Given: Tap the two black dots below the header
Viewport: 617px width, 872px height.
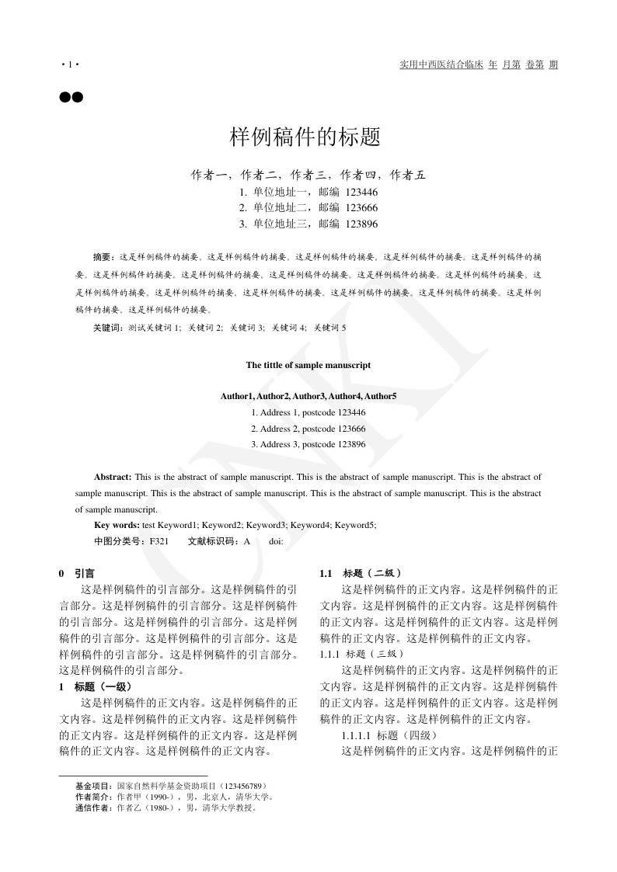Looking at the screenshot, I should (x=71, y=98).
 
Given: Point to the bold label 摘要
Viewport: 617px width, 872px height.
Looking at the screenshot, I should (x=103, y=255).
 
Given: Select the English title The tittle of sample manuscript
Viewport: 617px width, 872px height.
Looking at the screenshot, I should (x=308, y=365).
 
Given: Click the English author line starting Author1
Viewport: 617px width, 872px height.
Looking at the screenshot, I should (x=308, y=397).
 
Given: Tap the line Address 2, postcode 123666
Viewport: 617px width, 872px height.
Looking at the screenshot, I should (x=308, y=429).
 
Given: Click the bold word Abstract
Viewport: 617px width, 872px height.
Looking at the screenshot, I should (x=113, y=477).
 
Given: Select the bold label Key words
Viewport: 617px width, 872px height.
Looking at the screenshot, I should (x=117, y=526).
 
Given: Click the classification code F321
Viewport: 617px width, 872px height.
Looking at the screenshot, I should (x=159, y=541).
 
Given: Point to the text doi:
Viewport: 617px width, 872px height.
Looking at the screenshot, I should (x=276, y=541).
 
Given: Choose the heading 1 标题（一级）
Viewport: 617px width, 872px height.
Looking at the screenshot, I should (x=96, y=687).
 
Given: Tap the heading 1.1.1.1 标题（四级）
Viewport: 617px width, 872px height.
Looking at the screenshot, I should (x=389, y=735).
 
